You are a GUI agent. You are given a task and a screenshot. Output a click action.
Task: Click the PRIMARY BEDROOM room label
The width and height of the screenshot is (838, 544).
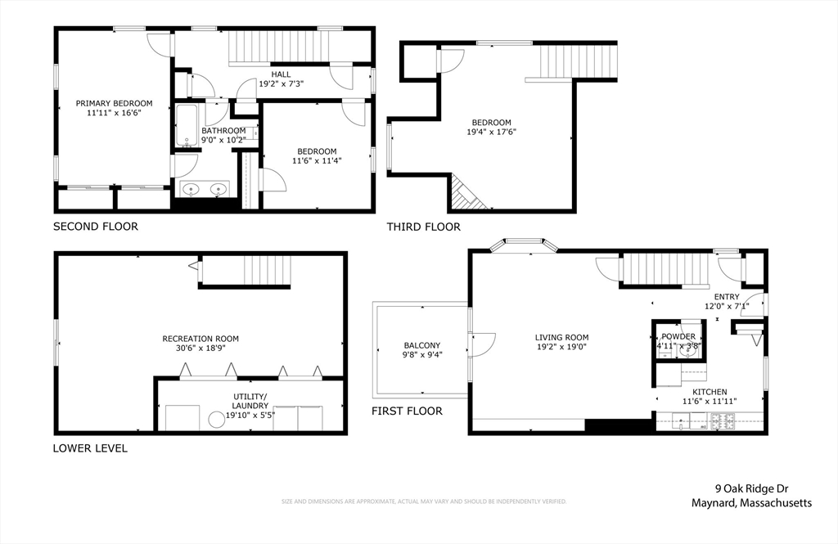tap(114, 103)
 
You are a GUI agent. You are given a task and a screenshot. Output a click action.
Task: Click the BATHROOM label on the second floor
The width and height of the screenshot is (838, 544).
tap(223, 130)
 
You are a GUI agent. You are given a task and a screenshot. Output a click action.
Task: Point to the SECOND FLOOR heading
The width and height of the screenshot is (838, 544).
tap(96, 227)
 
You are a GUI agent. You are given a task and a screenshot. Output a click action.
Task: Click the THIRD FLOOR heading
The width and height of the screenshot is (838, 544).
tap(423, 227)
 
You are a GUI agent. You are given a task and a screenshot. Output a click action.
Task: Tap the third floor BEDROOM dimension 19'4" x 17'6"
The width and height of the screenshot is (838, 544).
tap(491, 132)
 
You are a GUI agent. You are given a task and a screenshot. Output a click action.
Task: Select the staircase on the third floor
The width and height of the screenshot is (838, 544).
tap(577, 61)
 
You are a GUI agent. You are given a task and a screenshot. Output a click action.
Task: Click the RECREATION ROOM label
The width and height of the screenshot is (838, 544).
tap(200, 339)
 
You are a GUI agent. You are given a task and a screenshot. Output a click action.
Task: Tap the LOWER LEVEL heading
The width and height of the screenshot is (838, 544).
tap(90, 448)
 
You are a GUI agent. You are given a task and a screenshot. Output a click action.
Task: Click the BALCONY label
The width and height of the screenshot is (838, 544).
tap(421, 345)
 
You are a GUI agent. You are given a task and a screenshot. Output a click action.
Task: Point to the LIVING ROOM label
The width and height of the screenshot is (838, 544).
tap(561, 337)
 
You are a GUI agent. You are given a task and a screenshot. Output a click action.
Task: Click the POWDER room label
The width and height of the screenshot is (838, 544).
tap(678, 336)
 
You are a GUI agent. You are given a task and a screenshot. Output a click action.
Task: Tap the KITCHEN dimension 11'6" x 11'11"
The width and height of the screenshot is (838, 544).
tap(704, 402)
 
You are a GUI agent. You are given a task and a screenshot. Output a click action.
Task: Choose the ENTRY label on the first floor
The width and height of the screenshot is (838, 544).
tap(726, 297)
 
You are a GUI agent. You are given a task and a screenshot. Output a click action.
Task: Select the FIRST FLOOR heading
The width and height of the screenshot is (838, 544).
tap(407, 411)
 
